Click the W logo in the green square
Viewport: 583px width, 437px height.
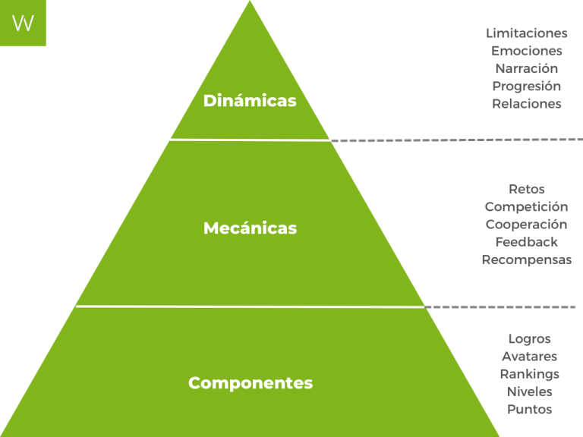[23, 23]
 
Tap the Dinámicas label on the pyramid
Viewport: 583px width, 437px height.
[250, 101]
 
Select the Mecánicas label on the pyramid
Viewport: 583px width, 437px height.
[250, 228]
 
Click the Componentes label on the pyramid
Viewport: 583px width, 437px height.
[250, 383]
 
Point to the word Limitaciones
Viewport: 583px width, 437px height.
[526, 33]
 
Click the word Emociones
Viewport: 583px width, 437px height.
[526, 51]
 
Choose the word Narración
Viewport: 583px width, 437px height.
[526, 68]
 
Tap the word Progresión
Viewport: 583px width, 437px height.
[526, 86]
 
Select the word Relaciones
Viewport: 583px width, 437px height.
[526, 104]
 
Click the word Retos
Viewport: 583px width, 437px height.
[526, 189]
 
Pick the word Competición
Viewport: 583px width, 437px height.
[526, 206]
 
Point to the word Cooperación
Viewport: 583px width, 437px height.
[526, 225]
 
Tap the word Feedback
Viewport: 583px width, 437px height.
[526, 242]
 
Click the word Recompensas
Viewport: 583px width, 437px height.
[526, 259]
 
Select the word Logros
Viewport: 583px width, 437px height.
[529, 339]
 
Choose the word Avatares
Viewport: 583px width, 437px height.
[529, 357]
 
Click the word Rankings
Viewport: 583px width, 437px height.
[529, 374]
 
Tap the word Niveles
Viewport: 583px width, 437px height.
[529, 391]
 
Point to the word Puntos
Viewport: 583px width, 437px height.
[529, 410]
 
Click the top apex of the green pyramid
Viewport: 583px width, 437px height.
[250, 4]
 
